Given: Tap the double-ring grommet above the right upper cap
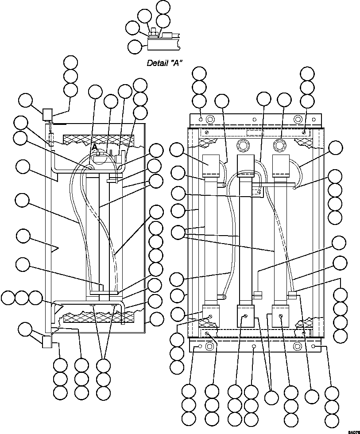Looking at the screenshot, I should point(280,145).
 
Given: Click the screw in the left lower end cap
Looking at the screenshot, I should point(211,315).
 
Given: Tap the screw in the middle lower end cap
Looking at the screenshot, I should point(245,315).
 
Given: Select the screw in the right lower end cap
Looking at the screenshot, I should point(281,315).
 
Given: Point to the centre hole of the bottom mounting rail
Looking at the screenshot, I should point(254,346).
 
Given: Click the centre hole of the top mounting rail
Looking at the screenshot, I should point(254,119).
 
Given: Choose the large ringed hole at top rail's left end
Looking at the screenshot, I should point(210,119).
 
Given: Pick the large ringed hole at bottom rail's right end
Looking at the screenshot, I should point(298,345).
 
